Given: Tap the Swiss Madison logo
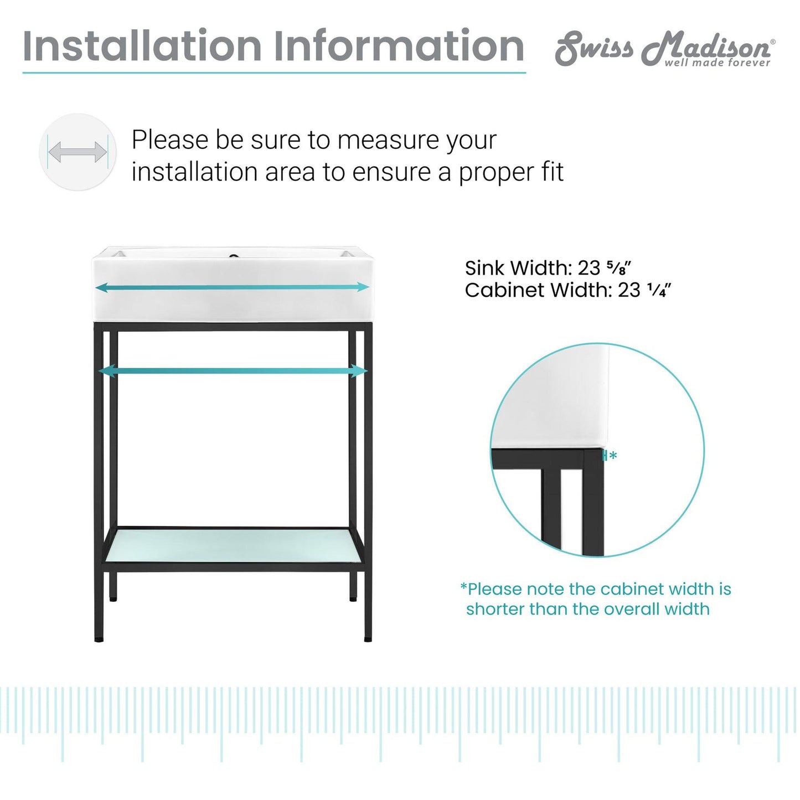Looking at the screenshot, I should (x=664, y=49).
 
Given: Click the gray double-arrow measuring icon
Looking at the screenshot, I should (x=78, y=152).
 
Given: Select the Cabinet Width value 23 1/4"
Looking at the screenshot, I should (x=644, y=290).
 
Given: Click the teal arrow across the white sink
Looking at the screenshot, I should (x=233, y=287).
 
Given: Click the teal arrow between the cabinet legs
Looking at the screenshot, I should (x=233, y=371).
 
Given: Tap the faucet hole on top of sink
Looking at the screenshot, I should (x=234, y=256).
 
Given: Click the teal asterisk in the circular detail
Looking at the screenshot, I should (x=613, y=456).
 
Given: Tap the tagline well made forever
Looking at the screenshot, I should (x=717, y=63).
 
